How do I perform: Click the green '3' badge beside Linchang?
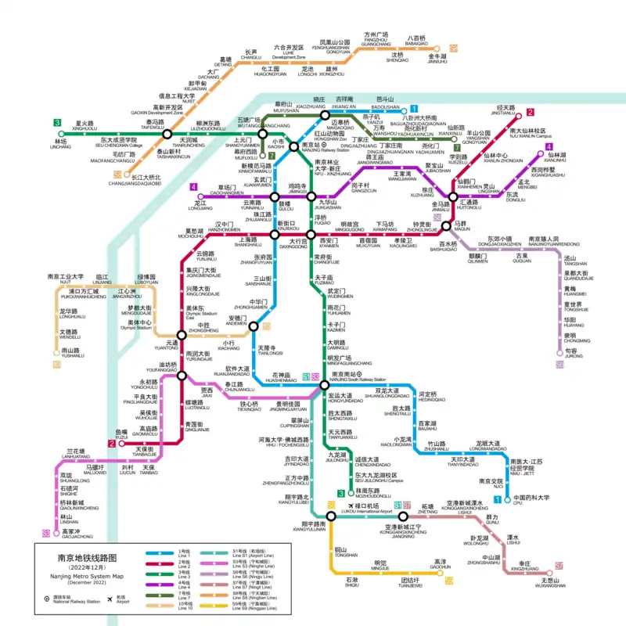tap(57, 123)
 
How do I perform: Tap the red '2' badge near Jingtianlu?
tap(530, 113)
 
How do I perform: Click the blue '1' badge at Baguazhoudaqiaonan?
tap(414, 110)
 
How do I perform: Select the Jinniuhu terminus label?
tap(437, 59)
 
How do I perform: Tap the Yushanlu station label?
tap(72, 353)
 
